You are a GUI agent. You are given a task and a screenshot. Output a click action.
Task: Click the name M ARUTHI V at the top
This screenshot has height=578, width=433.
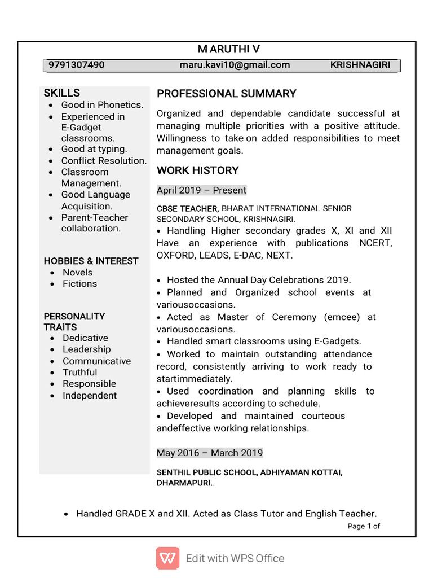(228, 50)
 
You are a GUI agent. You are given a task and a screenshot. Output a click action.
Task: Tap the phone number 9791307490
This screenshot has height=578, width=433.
(76, 65)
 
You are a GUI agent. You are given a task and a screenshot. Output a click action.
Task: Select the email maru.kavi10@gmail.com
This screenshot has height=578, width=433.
(235, 65)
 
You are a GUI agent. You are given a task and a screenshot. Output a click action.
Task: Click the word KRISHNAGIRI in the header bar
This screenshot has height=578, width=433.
(360, 65)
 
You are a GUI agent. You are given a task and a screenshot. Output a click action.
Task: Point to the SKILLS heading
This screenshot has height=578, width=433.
(62, 93)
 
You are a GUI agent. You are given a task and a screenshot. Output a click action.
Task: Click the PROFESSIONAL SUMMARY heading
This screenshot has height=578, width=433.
(226, 94)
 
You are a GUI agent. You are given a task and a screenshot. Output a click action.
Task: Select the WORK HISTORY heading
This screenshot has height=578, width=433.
(197, 170)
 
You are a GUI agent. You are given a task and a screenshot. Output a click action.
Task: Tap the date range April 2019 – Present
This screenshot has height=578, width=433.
(201, 190)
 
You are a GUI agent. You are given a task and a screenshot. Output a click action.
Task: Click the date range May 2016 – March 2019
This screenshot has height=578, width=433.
(209, 453)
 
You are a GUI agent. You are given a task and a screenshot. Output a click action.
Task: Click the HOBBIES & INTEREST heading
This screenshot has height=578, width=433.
(91, 261)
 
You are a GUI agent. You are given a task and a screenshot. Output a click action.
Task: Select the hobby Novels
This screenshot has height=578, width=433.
(77, 272)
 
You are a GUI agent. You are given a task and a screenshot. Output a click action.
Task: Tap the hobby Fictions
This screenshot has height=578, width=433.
(79, 284)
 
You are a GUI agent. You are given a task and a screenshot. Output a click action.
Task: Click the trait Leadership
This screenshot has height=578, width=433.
(86, 349)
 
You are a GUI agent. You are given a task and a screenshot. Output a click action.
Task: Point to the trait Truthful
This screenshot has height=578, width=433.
(79, 373)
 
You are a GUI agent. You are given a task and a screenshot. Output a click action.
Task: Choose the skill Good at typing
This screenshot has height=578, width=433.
(94, 149)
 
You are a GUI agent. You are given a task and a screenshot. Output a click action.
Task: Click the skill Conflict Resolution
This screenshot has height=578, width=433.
(104, 161)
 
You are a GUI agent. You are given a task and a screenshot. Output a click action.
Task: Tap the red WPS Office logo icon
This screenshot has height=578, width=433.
(167, 558)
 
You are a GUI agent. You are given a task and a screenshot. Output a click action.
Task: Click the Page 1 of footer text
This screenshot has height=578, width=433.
(364, 526)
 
